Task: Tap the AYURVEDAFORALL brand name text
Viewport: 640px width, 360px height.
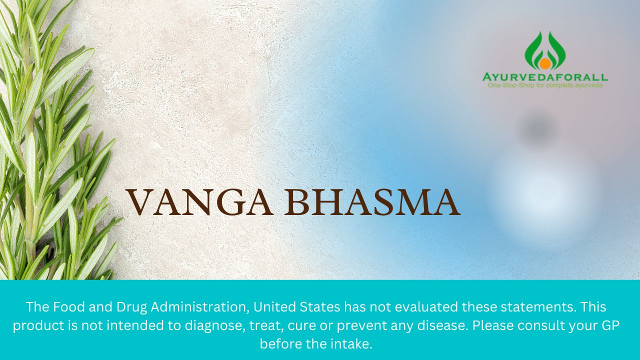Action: click(x=545, y=77)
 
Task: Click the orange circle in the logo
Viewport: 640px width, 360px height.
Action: click(x=544, y=63)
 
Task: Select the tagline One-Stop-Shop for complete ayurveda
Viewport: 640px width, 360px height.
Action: click(x=545, y=85)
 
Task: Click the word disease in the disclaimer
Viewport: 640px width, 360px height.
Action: click(x=442, y=325)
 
